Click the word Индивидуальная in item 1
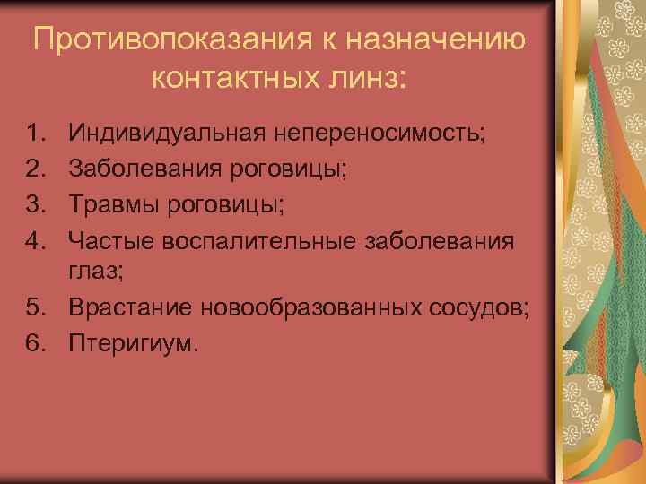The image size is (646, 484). click(x=170, y=134)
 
